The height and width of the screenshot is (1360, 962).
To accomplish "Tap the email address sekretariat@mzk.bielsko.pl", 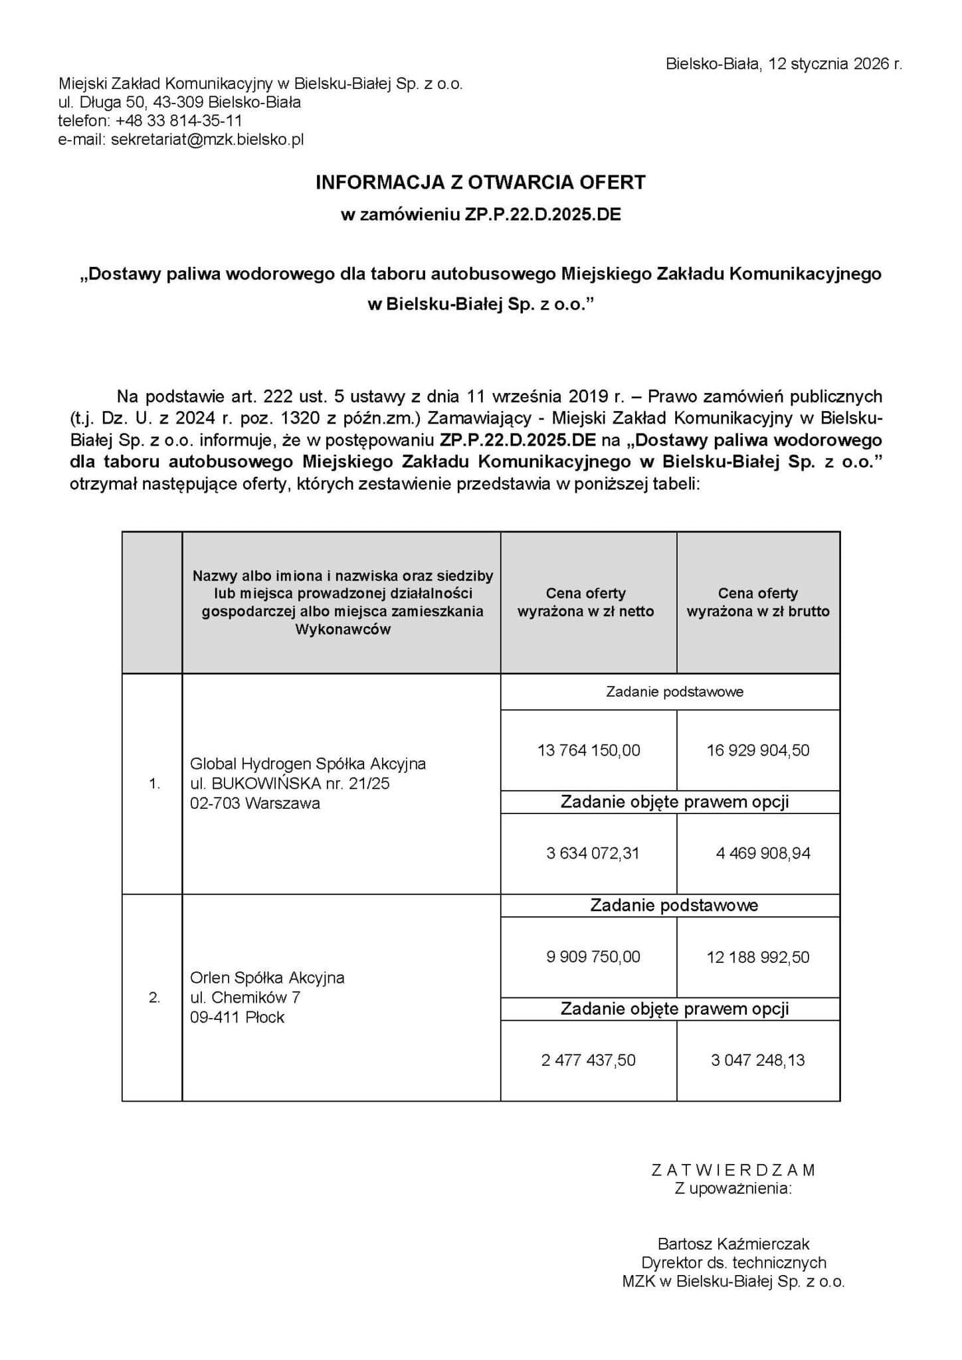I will tap(207, 139).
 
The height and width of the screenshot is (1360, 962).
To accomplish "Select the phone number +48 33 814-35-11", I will tap(178, 121).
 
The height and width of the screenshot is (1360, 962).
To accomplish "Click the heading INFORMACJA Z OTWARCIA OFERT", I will tap(480, 183).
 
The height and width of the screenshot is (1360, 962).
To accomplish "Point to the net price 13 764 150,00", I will tap(589, 750).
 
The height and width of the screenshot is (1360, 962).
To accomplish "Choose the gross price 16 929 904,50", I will tap(758, 750).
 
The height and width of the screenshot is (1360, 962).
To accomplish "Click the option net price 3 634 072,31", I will tap(593, 853).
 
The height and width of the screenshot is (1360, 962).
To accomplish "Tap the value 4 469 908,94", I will tap(763, 853).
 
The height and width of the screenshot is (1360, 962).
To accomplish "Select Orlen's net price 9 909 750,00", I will tap(593, 957).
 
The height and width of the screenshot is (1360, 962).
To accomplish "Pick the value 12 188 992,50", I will tap(758, 957).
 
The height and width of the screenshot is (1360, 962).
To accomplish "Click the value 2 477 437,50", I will tap(588, 1061).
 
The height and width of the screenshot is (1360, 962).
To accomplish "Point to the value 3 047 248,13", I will tap(757, 1061).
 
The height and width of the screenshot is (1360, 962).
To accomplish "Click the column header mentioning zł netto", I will tap(586, 602).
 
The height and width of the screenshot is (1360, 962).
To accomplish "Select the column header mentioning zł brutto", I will tap(758, 602).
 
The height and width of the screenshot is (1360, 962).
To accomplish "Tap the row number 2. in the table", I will tap(154, 997).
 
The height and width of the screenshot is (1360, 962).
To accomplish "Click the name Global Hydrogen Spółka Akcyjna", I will tap(308, 764).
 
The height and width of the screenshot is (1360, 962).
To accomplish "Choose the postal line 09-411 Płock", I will tap(237, 1017).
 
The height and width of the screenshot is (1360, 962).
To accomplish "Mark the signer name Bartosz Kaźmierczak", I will tap(733, 1243).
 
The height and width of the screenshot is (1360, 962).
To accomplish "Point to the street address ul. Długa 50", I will tap(102, 102).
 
